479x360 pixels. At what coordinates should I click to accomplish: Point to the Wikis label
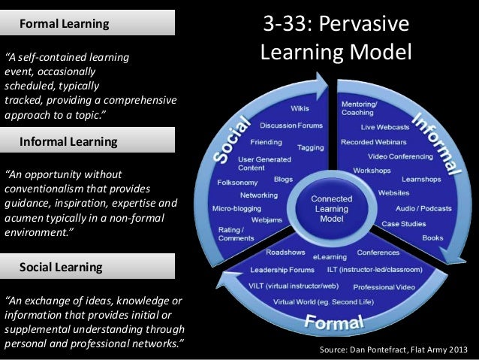point(300,108)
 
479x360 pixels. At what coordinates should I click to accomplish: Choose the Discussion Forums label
point(291,126)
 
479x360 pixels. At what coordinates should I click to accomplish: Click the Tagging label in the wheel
point(310,147)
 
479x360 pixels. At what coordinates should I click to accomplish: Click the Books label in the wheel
point(432,237)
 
